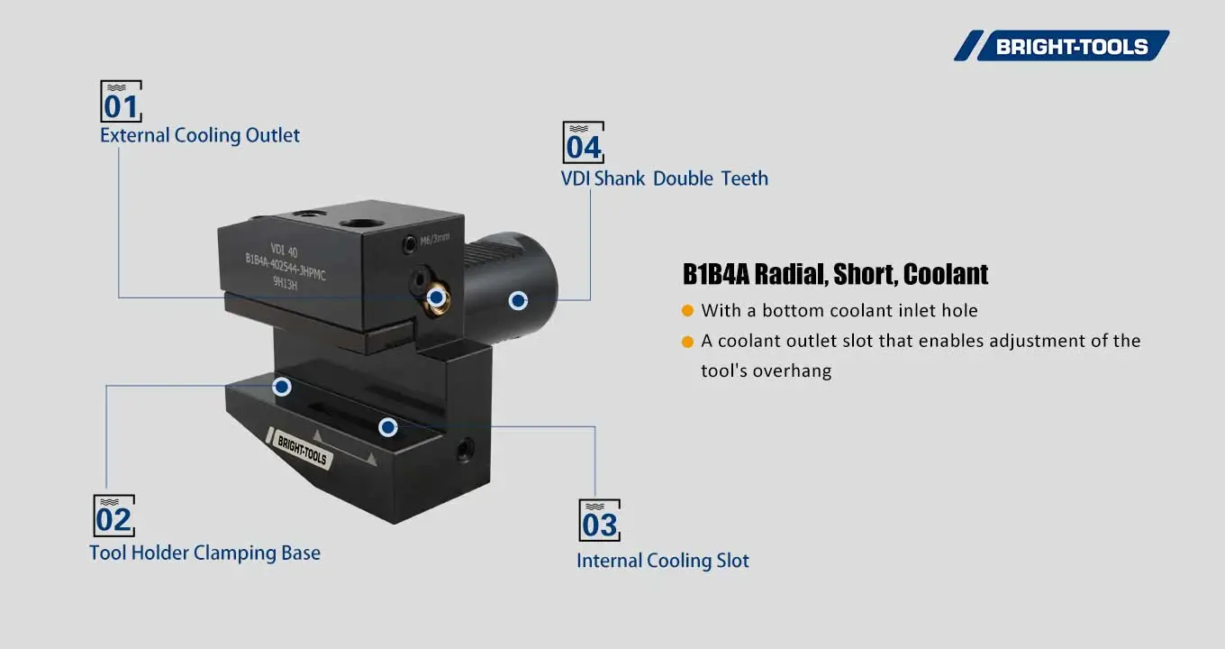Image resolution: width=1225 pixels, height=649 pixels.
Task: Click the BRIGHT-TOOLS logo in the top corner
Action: pos(1063,46)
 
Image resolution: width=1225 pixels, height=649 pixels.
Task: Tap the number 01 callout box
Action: pos(121,102)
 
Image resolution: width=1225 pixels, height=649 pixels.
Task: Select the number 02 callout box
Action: pos(114,516)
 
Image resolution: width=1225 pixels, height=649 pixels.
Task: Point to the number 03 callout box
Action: pos(599,521)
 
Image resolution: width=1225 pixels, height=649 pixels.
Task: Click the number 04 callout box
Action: pos(584,142)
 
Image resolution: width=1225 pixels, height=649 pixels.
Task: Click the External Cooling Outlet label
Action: pos(200,135)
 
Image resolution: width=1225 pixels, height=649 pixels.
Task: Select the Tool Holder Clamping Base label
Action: pos(204,553)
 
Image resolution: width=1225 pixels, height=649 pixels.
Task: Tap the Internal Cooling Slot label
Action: pos(663,561)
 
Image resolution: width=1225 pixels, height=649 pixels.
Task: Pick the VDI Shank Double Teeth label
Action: pos(665,178)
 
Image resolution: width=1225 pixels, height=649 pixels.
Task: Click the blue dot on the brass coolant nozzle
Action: pos(436,297)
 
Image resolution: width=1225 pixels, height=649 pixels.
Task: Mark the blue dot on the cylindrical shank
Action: pos(518,301)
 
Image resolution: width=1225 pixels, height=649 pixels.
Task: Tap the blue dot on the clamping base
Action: pos(282,387)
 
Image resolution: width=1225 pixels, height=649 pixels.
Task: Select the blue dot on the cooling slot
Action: pos(388,427)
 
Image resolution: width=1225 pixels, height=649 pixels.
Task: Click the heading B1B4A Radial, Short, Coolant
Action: pos(835,274)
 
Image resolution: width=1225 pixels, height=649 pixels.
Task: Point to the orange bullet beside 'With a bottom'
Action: pos(687,311)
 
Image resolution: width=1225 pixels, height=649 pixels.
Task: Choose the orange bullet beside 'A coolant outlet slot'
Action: pos(687,342)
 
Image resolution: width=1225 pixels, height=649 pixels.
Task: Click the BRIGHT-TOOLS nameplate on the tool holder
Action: pos(302,445)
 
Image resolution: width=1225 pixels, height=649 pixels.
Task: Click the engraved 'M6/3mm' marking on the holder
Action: pos(434,239)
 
